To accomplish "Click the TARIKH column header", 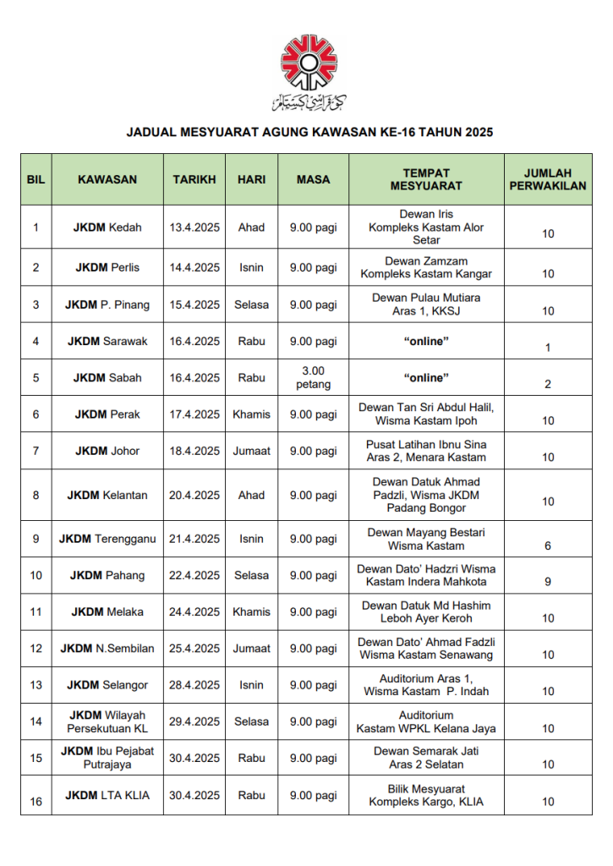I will point(194,179).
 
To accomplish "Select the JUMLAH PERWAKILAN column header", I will point(548,179).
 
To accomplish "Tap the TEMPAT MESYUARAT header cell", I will point(426,179).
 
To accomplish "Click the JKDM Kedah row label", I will point(107,227).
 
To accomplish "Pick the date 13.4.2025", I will point(194,227).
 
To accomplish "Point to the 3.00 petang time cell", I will point(314,378).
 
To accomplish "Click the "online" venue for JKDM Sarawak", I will point(426,342).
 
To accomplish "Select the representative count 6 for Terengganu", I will point(548,546).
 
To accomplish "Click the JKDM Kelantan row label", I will point(107,496).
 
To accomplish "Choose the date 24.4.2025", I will point(194,612).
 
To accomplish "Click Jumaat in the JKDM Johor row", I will point(252,452).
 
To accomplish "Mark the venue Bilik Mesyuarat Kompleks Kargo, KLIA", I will point(426,796).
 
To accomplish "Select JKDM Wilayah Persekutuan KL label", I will point(107,722).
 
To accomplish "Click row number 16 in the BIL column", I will point(36,802).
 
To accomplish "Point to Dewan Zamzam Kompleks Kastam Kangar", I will point(426,268).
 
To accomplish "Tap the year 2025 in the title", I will point(478,133).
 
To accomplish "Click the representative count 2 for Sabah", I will point(548,385).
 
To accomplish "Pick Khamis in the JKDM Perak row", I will point(252,414).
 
